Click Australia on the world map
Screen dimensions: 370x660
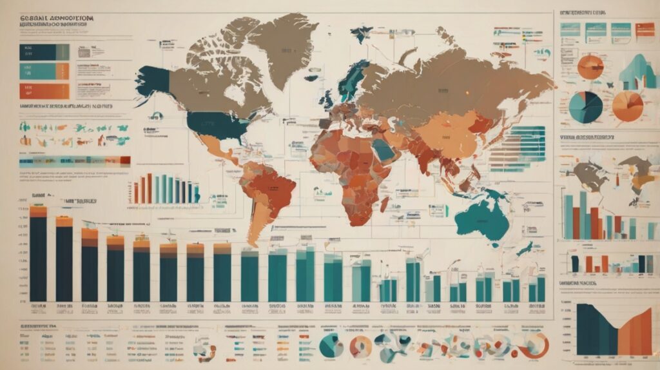pyautogui.click(x=480, y=217)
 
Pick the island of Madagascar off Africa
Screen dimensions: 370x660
pyautogui.click(x=384, y=204)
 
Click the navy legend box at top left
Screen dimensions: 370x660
pyautogui.click(x=44, y=52)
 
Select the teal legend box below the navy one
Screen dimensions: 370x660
pyautogui.click(x=44, y=71)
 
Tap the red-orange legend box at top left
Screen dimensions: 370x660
pyautogui.click(x=44, y=90)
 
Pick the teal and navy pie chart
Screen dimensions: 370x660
pyautogui.click(x=586, y=107)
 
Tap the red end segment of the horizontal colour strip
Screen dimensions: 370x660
pyautogui.click(x=125, y=161)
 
